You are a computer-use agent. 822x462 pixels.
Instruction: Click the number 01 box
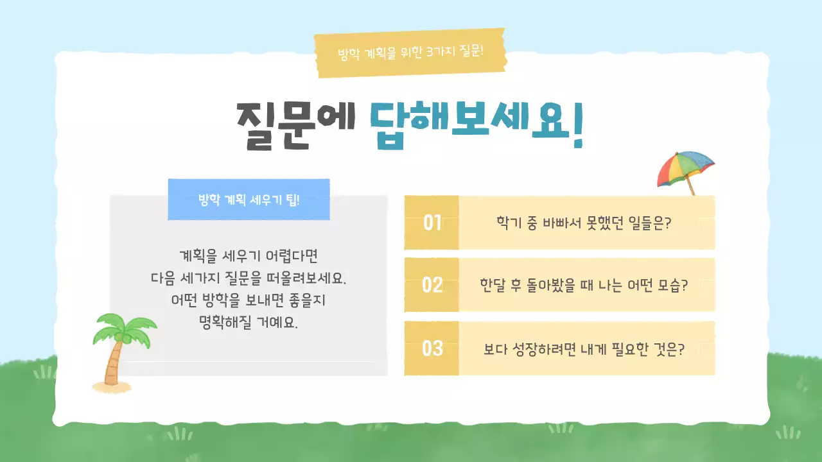coord(432,223)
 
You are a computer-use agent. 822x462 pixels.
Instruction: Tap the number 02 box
coord(432,285)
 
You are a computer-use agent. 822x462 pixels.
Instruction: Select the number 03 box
coord(432,348)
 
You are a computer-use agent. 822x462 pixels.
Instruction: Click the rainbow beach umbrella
coord(685,167)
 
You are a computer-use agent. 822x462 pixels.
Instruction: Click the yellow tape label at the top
coord(410,53)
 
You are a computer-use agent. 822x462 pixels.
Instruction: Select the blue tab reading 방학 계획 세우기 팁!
coord(249,200)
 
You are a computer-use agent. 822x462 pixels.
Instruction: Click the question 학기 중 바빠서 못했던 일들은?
coord(588,223)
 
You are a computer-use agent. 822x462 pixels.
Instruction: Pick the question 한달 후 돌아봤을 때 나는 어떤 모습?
coord(583,285)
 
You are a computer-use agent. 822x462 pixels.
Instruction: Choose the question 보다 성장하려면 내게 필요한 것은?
coord(583,350)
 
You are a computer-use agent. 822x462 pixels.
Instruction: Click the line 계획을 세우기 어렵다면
coord(249,257)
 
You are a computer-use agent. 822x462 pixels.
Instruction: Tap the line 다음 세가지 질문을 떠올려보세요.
coord(249,278)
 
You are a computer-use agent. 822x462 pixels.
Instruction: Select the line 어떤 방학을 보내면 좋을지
coord(249,300)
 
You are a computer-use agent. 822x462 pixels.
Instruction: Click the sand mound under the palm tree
coord(113,386)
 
